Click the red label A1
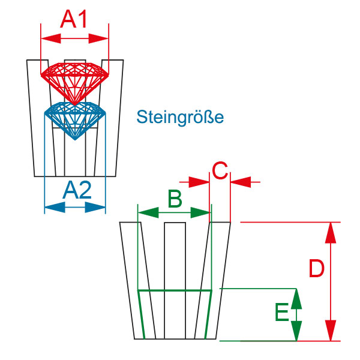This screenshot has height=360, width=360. pos(73,19)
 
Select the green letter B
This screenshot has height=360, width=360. pos(175,199)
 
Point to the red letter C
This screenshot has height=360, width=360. pos(220,170)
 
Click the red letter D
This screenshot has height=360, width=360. pos(316,268)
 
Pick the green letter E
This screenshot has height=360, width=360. pos(282,312)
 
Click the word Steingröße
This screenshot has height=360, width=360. pos(180,117)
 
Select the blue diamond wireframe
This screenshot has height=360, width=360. pos(75,121)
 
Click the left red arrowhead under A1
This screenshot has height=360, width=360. pos(51,38)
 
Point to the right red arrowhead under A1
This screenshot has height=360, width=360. pos(98,38)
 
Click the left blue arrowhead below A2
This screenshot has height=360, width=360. pos(55,208)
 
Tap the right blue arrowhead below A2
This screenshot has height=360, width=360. pos(95,208)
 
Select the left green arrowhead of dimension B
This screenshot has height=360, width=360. pos(148,212)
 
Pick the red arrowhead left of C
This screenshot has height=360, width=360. pos(199,182)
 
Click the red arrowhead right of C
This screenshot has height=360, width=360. pos(241,182)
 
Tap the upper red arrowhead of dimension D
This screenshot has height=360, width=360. pos(331,233)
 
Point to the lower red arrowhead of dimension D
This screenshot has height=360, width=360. pos(331,331)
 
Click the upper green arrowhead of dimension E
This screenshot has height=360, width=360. pos(296,299)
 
